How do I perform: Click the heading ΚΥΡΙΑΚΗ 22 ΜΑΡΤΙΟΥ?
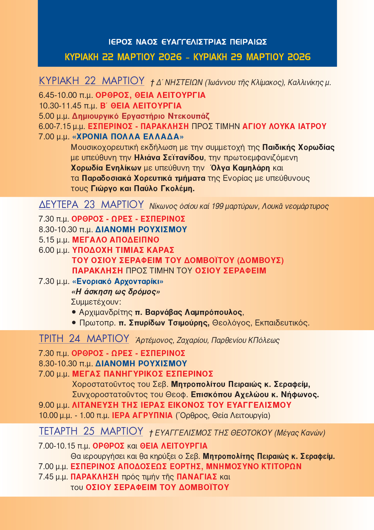pyautogui.click(x=91, y=81)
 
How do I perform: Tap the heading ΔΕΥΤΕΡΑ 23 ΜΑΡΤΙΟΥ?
pyautogui.click(x=91, y=205)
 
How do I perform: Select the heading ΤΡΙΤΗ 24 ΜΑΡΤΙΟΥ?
pyautogui.click(x=84, y=339)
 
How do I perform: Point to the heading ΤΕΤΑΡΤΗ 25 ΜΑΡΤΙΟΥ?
pyautogui.click(x=91, y=431)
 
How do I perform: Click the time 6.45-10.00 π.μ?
pyautogui.click(x=66, y=95)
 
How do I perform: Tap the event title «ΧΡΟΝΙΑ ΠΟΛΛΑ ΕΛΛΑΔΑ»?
pyautogui.click(x=128, y=137)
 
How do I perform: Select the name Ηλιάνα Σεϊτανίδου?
pyautogui.click(x=169, y=157)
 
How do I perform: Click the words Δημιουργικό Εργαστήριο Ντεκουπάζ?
pyautogui.click(x=141, y=116)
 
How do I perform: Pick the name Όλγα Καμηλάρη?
pyautogui.click(x=240, y=168)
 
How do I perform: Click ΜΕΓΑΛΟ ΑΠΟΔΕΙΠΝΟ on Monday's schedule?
pyautogui.click(x=116, y=240)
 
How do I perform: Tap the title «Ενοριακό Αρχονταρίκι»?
pyautogui.click(x=117, y=281)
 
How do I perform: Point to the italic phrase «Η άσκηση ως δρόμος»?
pyautogui.click(x=116, y=292)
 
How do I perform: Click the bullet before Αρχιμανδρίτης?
pyautogui.click(x=74, y=312)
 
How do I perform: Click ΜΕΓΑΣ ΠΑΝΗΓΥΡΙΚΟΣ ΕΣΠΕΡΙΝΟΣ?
pyautogui.click(x=142, y=374)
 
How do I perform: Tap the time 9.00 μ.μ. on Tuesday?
pyautogui.click(x=54, y=405)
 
